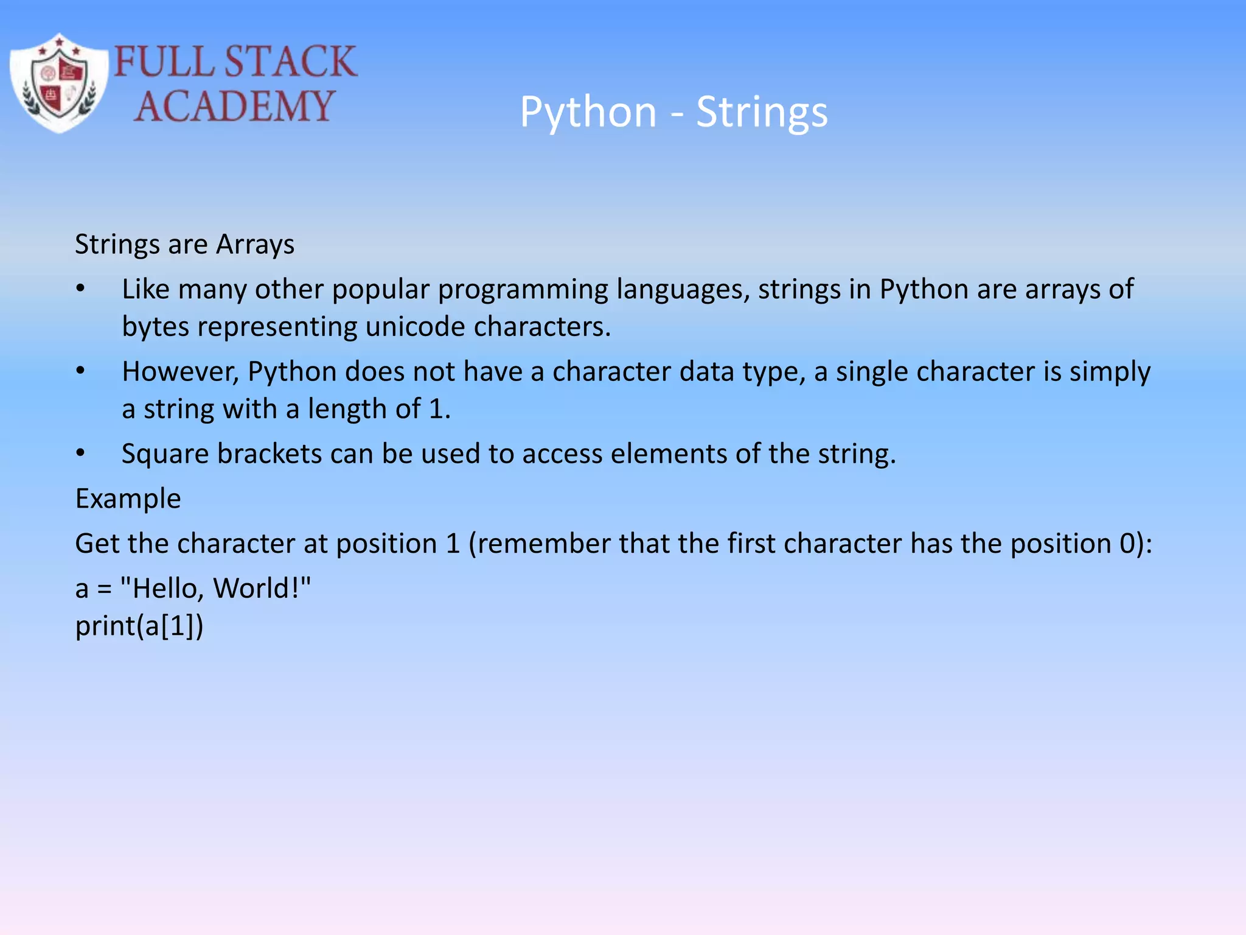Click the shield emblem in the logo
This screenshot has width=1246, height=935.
[59, 83]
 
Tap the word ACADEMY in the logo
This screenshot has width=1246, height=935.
[234, 107]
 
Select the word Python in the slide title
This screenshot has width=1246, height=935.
[588, 113]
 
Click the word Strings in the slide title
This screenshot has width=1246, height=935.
[761, 113]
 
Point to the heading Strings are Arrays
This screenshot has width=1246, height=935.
[184, 245]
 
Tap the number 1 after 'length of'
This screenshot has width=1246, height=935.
[436, 408]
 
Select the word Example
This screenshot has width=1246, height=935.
[128, 499]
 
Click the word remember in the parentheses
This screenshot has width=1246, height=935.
[544, 544]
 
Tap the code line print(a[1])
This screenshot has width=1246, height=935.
[139, 626]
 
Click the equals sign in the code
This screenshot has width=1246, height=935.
[104, 590]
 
